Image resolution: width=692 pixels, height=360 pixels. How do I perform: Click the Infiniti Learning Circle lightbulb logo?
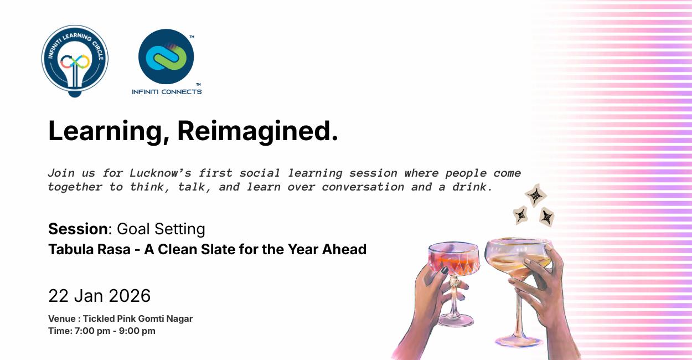coord(75,61)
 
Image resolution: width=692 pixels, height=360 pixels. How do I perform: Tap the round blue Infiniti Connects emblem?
coord(166,56)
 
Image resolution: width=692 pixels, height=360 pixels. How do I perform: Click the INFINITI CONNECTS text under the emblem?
coord(167,92)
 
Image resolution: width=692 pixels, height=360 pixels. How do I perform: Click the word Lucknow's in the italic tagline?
coord(161,173)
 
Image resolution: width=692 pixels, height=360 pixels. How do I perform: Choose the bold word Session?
coord(78,229)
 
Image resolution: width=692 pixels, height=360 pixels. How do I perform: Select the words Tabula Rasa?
coord(89,249)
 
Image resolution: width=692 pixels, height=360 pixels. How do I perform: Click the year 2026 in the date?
coord(130,296)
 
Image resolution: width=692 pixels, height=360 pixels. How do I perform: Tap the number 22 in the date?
coord(58,296)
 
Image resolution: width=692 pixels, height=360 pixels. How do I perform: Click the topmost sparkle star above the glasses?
coord(535,195)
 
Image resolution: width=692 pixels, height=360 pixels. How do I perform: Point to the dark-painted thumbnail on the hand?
coord(445,270)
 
